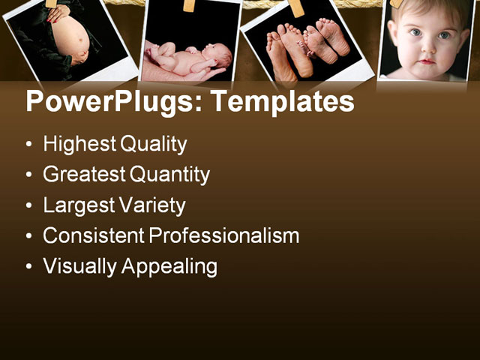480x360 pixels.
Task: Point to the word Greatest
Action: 85,175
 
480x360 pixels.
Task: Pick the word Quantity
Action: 169,175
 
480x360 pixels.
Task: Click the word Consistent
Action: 94,235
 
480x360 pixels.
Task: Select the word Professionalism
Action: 224,235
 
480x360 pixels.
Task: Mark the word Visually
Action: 79,266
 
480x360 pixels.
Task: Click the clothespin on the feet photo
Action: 296,7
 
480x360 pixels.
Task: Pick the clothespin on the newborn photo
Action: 189,5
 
